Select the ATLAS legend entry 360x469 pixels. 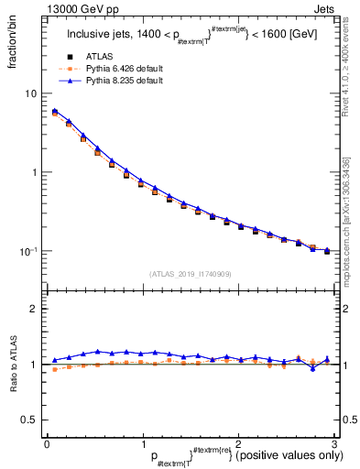(92, 57)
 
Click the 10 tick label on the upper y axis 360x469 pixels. (31, 94)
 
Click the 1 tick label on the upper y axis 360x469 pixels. (34, 172)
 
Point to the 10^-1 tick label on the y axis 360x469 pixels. (29, 251)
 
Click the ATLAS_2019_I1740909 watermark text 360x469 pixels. (190, 273)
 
